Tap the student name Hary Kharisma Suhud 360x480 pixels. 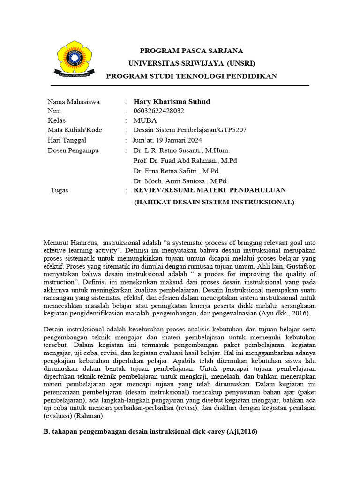[172, 102]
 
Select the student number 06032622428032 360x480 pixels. [159, 111]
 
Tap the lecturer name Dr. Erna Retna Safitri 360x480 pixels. [170, 171]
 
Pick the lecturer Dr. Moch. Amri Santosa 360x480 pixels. [174, 181]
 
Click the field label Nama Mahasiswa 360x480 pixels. [73, 102]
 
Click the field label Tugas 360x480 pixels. [60, 190]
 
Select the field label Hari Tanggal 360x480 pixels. [67, 140]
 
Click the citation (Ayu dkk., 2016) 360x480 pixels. [288, 314]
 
